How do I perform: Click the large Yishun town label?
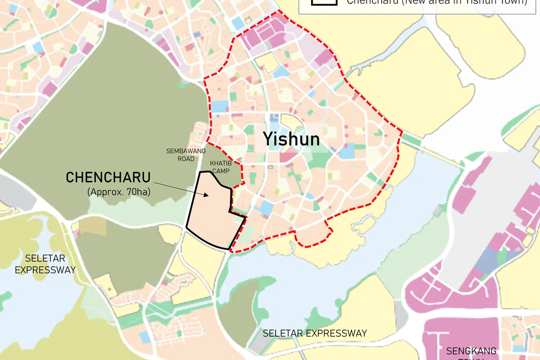click(291, 139)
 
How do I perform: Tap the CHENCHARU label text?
click(108, 178)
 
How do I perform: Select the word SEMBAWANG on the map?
click(186, 151)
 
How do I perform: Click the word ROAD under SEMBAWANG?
click(186, 159)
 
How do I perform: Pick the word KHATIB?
click(220, 163)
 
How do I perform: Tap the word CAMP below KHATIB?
click(220, 171)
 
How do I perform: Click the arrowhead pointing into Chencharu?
click(207, 194)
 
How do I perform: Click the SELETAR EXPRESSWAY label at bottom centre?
click(315, 333)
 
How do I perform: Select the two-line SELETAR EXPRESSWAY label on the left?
click(45, 264)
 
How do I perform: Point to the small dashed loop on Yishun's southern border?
click(313, 237)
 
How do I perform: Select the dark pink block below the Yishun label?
click(287, 156)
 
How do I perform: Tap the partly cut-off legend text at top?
click(436, 2)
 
